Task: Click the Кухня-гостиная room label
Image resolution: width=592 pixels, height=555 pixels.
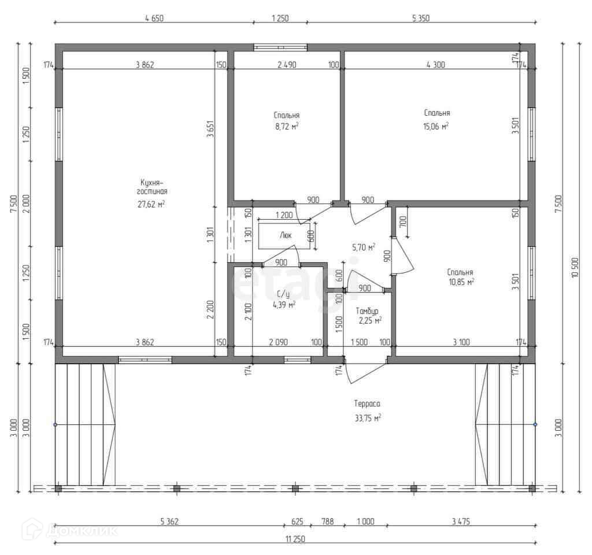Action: (x=152, y=187)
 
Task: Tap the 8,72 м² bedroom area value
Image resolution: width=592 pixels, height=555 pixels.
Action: (x=287, y=126)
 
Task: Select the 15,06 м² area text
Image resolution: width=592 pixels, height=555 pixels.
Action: (x=436, y=126)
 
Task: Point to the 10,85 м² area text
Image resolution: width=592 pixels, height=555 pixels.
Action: (x=461, y=282)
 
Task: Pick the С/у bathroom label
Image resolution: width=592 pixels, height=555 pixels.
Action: (x=283, y=294)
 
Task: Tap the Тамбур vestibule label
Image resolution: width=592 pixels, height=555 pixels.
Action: (x=367, y=311)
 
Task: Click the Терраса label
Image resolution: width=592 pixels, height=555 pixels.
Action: (x=367, y=404)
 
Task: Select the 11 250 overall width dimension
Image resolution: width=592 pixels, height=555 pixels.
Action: (x=295, y=539)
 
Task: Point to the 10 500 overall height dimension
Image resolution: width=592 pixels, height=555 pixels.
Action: (x=575, y=267)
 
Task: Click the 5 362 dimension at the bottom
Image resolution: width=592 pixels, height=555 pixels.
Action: (x=169, y=521)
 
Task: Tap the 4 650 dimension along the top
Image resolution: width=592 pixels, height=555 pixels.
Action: (x=154, y=18)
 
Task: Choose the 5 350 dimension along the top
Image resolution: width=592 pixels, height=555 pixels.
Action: (x=421, y=18)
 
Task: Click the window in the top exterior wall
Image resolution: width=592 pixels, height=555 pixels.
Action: (x=280, y=47)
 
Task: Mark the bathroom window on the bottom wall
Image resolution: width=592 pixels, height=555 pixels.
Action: (x=298, y=360)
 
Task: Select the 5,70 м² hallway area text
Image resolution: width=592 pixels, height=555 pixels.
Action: (x=364, y=247)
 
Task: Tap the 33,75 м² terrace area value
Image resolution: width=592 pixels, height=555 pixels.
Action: (x=367, y=418)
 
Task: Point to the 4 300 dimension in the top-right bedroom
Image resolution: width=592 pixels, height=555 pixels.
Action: (x=436, y=65)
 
